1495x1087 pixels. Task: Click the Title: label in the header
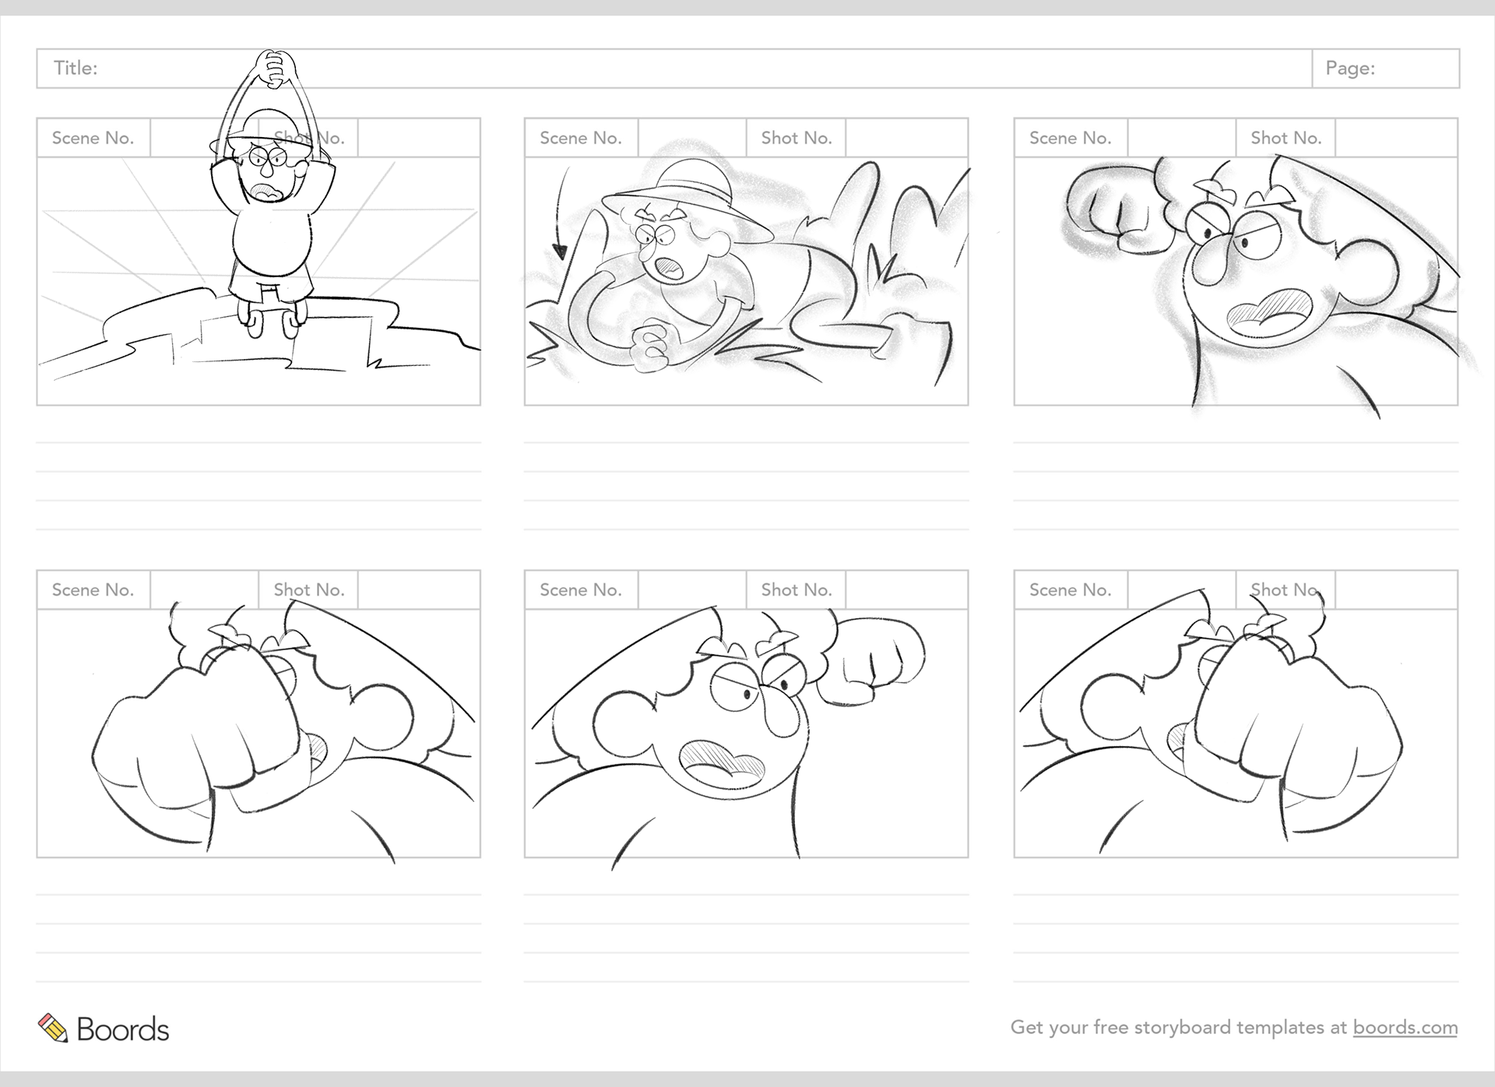click(76, 69)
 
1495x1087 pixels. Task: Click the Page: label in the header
click(1350, 69)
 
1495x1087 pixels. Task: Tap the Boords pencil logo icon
click(53, 1028)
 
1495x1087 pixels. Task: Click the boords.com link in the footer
click(1405, 1027)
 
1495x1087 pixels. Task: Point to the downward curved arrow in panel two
click(558, 214)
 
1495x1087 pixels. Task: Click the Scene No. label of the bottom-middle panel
click(581, 590)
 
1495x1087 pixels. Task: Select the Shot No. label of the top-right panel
click(1286, 138)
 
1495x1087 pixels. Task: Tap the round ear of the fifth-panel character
click(623, 720)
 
